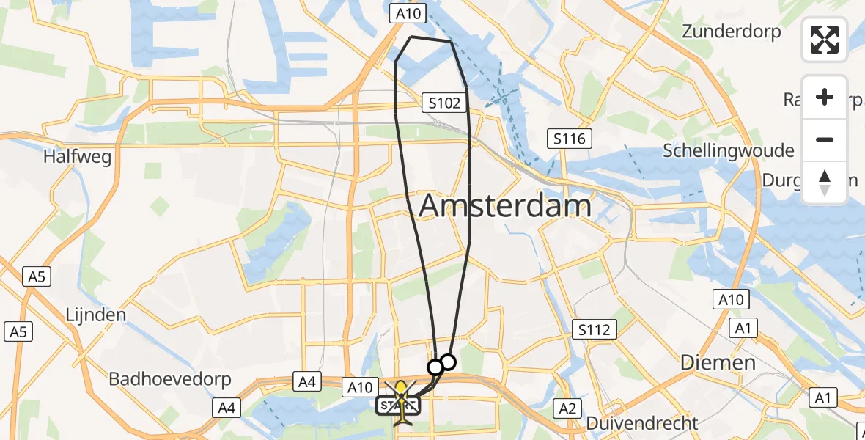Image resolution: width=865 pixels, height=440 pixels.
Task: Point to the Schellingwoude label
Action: pos(728,151)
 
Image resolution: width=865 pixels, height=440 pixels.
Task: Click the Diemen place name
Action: pos(718,362)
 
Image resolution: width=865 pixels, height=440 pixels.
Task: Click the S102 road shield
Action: pos(444,103)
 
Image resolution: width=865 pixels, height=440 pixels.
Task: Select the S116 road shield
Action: pos(570,138)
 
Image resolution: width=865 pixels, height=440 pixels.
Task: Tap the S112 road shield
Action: pos(593,330)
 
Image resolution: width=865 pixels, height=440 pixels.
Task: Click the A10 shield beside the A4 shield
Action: pos(360,387)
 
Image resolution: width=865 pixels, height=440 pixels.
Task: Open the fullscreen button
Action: pos(825,40)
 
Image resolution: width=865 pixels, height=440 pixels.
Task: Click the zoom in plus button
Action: pos(825,98)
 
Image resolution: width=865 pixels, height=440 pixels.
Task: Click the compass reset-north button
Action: pos(825,183)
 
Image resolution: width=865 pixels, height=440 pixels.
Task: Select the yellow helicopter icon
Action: pos(402,400)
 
